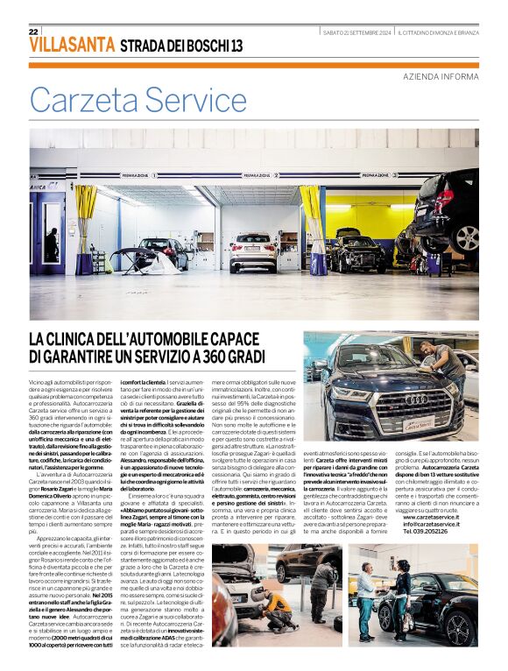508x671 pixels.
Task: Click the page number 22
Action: (33, 32)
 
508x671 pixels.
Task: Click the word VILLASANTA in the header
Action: (72, 46)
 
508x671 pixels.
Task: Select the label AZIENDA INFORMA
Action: (441, 77)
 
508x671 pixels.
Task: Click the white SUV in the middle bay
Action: (253, 251)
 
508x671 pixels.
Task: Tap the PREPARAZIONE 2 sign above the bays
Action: (259, 175)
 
